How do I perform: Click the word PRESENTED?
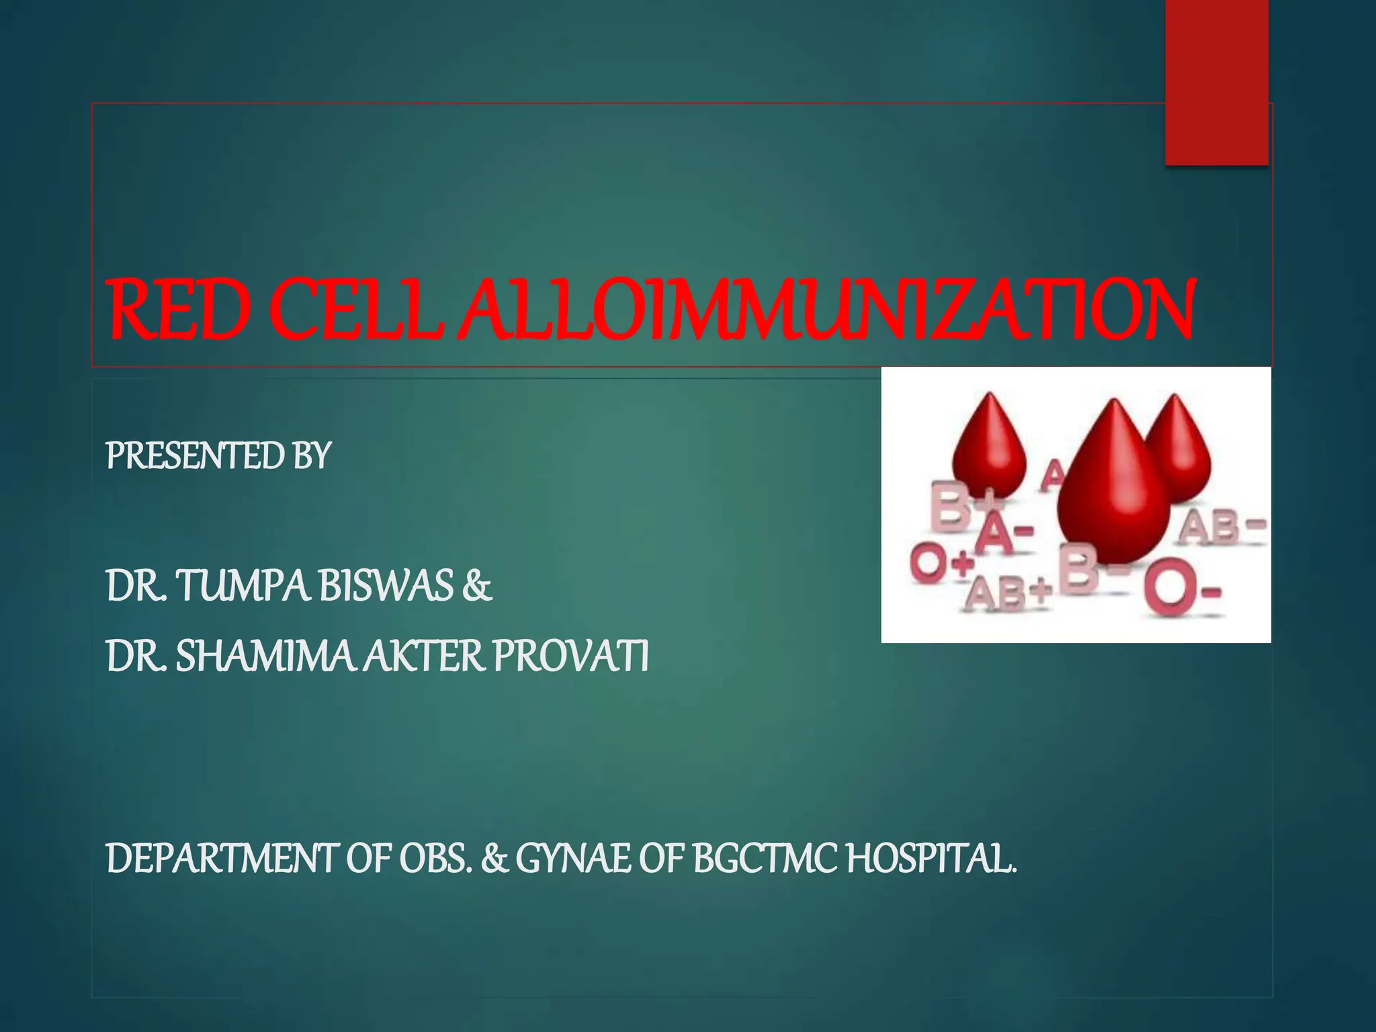point(196,456)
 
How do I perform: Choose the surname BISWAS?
point(386,585)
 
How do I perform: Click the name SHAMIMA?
point(264,656)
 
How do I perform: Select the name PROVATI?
point(571,656)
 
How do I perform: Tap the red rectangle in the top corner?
point(1217,81)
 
